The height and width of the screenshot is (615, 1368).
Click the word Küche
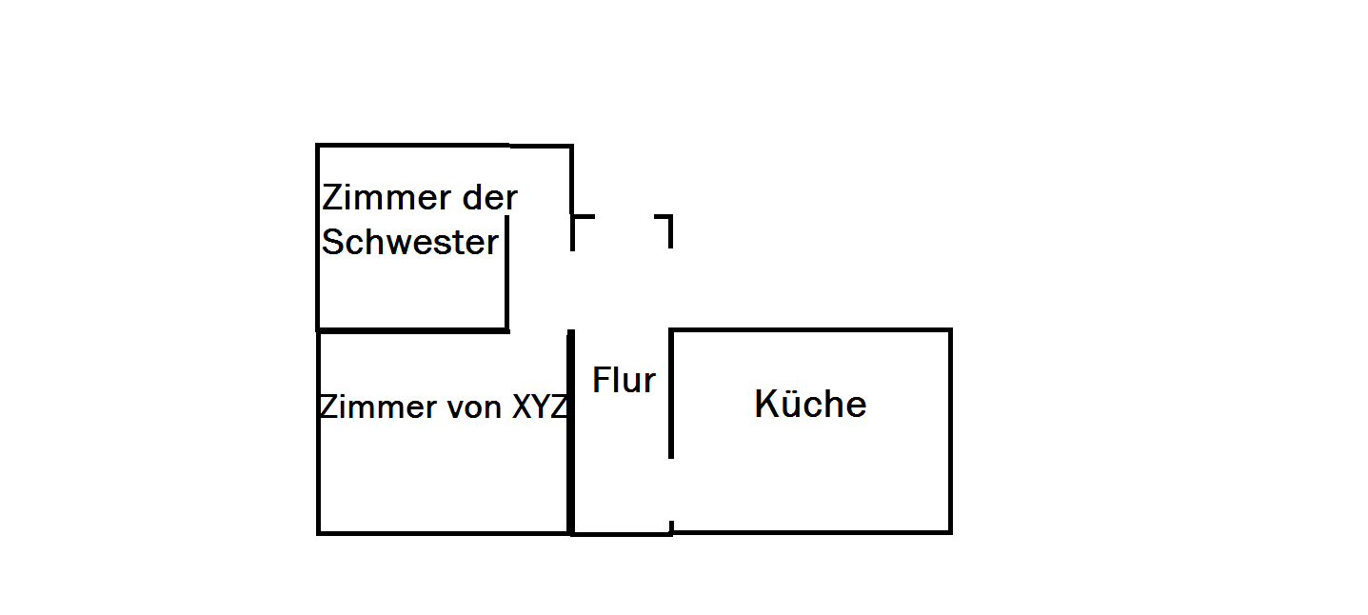[x=810, y=405]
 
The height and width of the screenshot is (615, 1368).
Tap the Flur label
[x=624, y=381]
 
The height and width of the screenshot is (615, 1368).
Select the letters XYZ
[x=540, y=407]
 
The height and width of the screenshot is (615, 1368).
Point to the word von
[x=475, y=407]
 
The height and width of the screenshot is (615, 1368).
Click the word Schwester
[x=410, y=243]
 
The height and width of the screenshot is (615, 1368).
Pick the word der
[x=489, y=198]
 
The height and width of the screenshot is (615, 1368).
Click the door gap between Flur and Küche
[x=671, y=489]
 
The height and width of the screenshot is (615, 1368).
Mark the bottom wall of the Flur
[x=622, y=533]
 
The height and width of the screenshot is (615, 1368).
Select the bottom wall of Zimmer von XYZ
[x=444, y=532]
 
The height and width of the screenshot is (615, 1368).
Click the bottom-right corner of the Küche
[x=949, y=531]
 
